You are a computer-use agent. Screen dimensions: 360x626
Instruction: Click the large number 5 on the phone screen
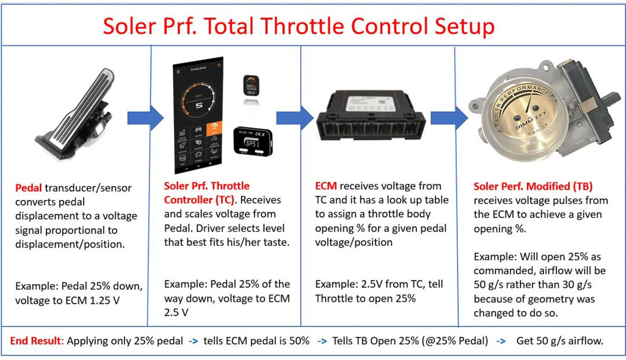click(199, 106)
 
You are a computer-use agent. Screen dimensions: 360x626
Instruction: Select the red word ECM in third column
click(326, 186)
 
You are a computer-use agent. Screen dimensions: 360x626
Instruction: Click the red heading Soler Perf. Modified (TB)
click(533, 187)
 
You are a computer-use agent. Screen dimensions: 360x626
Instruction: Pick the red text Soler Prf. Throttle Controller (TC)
click(208, 193)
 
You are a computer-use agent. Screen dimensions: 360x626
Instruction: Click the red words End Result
click(37, 341)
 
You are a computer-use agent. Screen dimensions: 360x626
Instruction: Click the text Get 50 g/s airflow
click(559, 341)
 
